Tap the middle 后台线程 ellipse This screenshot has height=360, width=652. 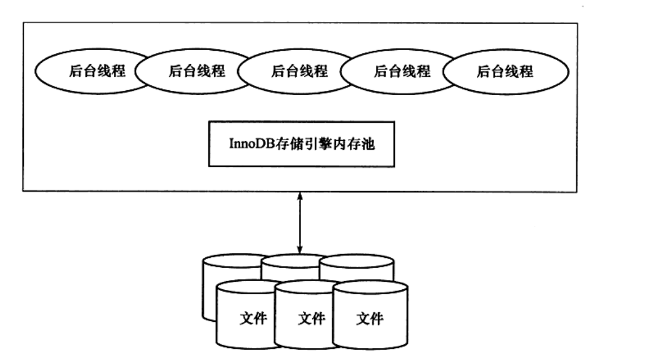[299, 71]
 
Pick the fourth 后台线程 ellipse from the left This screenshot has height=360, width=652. [402, 71]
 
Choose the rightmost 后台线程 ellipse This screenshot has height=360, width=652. [505, 71]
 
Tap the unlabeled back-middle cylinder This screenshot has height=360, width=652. [291, 266]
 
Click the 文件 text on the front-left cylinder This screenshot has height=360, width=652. [253, 319]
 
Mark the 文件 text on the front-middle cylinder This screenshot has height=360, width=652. [311, 319]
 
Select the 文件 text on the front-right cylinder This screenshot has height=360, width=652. [369, 319]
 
